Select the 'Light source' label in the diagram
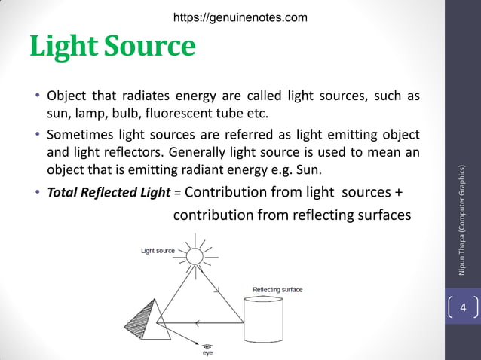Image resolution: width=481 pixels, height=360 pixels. tap(158, 251)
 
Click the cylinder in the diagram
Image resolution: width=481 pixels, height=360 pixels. tap(264, 321)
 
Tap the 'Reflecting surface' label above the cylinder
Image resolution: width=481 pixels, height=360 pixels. tap(278, 289)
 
